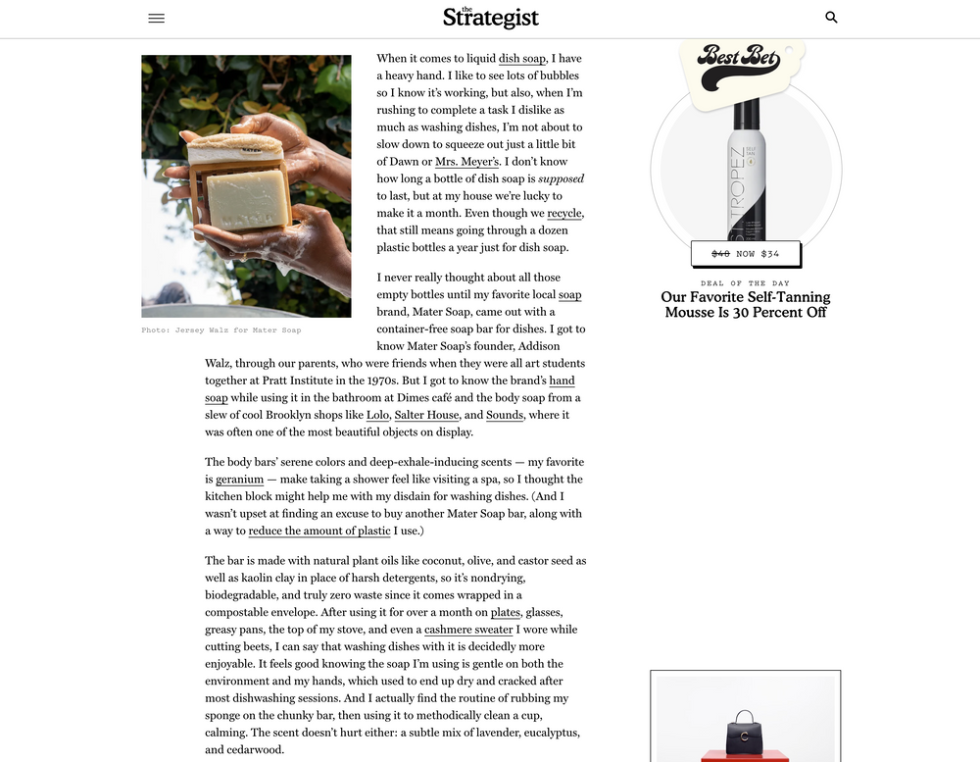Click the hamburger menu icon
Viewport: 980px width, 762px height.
156,18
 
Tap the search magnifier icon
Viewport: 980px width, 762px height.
831,17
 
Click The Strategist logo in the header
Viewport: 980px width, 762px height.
490,17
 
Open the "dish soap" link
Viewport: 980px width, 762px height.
522,59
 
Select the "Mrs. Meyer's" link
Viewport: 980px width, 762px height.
467,161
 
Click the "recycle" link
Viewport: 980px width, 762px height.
565,213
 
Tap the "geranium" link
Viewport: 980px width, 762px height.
240,480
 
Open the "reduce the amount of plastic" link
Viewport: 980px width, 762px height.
319,531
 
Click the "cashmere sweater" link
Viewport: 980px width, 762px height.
468,630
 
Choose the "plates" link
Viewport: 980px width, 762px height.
506,612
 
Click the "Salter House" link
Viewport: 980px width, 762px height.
427,415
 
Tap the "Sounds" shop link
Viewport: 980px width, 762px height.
505,415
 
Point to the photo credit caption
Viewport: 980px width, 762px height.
221,330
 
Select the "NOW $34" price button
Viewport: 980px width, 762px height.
746,253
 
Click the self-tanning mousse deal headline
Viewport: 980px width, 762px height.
746,304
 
